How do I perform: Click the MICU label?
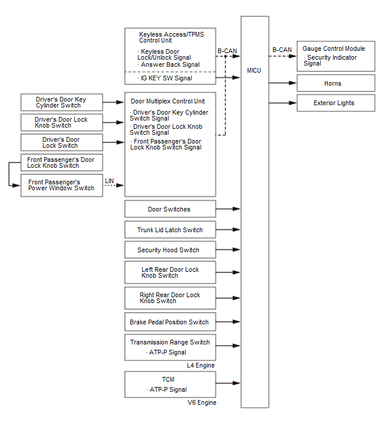[x=254, y=71]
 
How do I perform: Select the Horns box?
[x=336, y=83]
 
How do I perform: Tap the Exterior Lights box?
[x=336, y=103]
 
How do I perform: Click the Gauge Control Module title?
[x=333, y=48]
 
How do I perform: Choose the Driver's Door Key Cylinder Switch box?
[x=61, y=102]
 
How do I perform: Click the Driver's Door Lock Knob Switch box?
[x=61, y=122]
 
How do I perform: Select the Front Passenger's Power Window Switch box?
[x=61, y=185]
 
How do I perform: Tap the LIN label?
[x=110, y=180]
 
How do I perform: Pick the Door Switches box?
[x=169, y=209]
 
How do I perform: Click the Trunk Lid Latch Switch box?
[x=169, y=230]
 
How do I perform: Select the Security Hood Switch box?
[x=169, y=250]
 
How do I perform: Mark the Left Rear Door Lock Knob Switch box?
[x=169, y=272]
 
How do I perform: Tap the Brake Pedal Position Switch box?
[x=169, y=322]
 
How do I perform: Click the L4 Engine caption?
[x=201, y=365]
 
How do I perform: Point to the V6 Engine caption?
[x=202, y=402]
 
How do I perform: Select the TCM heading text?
[x=168, y=379]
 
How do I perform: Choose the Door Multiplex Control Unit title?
[x=168, y=101]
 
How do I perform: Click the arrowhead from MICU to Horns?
[x=293, y=83]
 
